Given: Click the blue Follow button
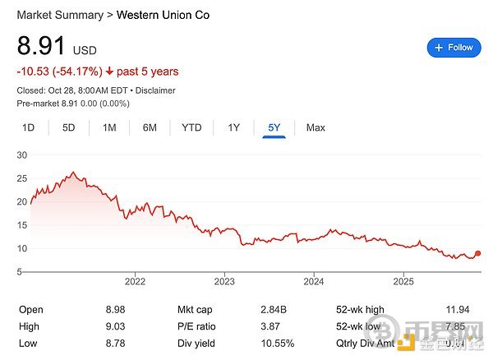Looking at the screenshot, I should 454,48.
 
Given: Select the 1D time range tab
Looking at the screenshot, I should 29,127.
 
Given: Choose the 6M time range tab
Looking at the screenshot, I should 150,127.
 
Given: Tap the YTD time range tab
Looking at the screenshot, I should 191,127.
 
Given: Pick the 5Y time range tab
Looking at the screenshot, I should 274,127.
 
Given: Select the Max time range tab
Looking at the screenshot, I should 316,127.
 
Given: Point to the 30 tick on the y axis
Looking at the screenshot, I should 22,155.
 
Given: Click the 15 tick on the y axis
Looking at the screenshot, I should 22,224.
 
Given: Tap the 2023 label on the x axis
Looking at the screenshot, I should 224,280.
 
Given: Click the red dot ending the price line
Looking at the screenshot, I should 478,254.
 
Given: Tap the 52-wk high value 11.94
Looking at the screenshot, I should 456,310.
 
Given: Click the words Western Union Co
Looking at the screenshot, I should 163,15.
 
